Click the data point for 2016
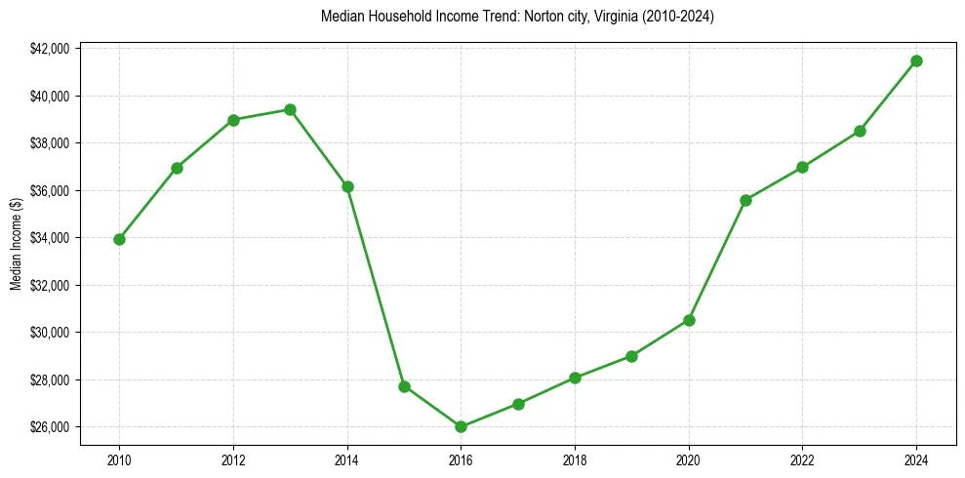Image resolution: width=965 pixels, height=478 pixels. (461, 426)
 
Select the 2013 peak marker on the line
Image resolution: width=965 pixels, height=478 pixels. (290, 109)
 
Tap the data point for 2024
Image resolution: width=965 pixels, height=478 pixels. (916, 60)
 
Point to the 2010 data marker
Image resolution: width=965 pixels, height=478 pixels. (119, 239)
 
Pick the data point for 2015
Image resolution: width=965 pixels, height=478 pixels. (404, 386)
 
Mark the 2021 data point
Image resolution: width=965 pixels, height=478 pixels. (745, 200)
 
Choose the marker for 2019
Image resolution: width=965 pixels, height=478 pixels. (631, 356)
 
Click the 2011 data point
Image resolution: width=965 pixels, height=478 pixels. (177, 168)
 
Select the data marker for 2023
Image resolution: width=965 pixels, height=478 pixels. (860, 131)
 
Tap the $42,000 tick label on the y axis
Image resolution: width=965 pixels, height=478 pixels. (50, 49)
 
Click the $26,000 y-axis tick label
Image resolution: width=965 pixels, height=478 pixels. (50, 427)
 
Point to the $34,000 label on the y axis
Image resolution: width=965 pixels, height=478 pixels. (50, 238)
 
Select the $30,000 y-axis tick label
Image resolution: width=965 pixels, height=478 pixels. (50, 333)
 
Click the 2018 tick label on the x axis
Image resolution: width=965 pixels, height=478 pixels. (575, 458)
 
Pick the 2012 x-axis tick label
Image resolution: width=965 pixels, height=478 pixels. (233, 458)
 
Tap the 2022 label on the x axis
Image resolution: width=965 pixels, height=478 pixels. (802, 458)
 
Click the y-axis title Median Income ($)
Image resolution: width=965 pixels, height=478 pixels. (17, 244)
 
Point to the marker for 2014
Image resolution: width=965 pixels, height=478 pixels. (347, 186)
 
